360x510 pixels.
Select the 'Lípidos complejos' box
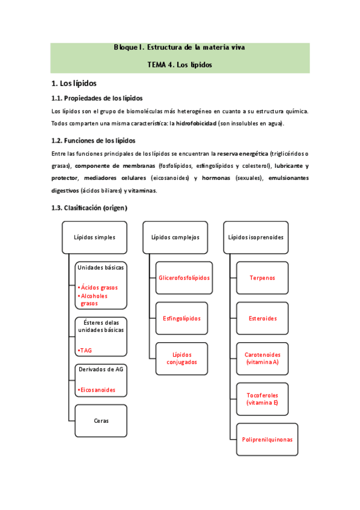click(175, 237)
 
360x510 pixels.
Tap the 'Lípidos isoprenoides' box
click(255, 237)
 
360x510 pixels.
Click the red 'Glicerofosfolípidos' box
click(184, 278)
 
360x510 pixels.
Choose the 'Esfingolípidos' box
click(182, 318)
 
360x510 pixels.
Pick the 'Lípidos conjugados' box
click(182, 358)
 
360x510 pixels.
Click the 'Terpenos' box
click(262, 278)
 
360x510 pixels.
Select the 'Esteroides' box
click(263, 318)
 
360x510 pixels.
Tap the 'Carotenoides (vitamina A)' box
click(263, 358)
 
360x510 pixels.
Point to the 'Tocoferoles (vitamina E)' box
click(263, 399)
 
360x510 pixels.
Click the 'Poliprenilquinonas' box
click(267, 440)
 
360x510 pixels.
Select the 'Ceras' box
click(100, 420)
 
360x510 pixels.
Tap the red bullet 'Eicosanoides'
click(98, 390)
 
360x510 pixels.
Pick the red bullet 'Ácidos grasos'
click(99, 287)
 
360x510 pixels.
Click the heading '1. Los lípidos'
click(74, 83)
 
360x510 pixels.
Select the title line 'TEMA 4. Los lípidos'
click(180, 64)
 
